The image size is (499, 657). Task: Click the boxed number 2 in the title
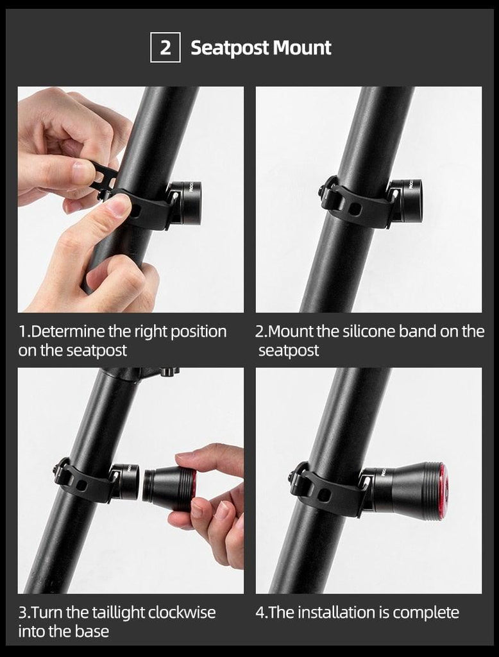coord(165,48)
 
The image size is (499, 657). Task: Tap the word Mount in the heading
coord(302,48)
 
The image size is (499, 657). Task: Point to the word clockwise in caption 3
coord(182,612)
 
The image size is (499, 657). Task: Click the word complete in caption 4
coord(426,612)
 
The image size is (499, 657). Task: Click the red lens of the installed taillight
coord(443,491)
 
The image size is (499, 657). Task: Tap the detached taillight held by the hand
coord(169,488)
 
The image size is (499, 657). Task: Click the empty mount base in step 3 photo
coord(125,481)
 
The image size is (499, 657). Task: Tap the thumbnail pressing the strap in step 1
coord(119,205)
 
